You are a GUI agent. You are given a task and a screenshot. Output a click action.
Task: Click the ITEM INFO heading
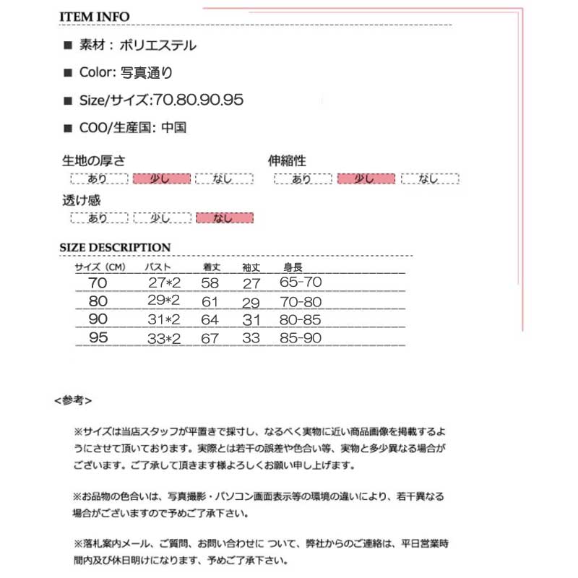(x=94, y=16)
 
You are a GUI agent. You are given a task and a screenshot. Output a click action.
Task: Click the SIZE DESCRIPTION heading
(x=115, y=248)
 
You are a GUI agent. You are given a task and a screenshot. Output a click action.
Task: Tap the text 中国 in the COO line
(x=174, y=128)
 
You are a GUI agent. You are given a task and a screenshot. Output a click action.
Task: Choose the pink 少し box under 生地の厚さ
(x=161, y=178)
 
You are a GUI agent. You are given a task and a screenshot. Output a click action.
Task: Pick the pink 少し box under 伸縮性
(x=366, y=178)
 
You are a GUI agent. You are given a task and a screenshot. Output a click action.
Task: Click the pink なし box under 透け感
(x=224, y=217)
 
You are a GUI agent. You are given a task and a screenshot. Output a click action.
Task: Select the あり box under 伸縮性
(x=303, y=178)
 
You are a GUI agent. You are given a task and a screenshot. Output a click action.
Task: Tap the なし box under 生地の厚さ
(x=224, y=178)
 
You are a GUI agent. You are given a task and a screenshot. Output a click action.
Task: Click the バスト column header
(x=158, y=267)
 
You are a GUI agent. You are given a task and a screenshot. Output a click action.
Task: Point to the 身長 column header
(x=292, y=267)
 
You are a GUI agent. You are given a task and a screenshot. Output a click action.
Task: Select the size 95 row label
(x=99, y=337)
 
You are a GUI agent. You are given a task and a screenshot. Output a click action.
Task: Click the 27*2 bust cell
(x=163, y=282)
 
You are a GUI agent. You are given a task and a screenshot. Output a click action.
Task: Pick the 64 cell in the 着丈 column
(x=210, y=319)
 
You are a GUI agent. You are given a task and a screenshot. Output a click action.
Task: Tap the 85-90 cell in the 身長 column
(x=301, y=337)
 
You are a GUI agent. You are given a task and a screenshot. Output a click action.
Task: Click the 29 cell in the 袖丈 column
(x=250, y=301)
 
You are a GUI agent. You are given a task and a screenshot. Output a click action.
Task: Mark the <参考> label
(x=72, y=399)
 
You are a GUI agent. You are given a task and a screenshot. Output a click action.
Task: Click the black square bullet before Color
(x=68, y=73)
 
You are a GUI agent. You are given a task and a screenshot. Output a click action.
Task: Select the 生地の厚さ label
(x=94, y=161)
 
